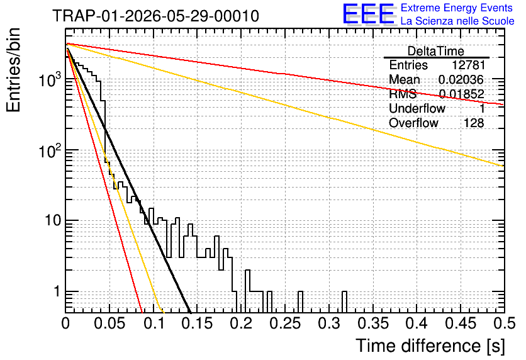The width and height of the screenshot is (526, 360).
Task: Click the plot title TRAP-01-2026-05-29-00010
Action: pos(155,16)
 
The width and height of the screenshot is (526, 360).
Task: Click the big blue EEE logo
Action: pos(368,14)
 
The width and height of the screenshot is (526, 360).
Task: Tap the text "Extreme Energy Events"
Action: pos(457,8)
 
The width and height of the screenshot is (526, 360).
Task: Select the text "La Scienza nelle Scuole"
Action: pos(457,21)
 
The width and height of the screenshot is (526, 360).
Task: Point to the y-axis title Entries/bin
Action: pos(13,70)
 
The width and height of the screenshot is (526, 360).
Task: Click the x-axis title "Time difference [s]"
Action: pos(430,346)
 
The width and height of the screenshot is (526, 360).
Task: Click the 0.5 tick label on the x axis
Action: pos(505,323)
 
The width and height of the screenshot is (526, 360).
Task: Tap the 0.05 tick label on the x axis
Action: pos(109,323)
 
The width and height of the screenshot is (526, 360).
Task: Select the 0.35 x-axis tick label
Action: pos(373,323)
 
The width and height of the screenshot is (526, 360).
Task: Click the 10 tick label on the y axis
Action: pos(52,221)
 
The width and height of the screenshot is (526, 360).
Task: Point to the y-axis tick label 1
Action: pos(57,291)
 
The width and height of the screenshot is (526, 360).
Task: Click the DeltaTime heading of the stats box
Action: pos(436,51)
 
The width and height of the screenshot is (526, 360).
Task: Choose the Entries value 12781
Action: pos(468,65)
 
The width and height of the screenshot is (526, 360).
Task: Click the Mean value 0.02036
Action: pos(461,79)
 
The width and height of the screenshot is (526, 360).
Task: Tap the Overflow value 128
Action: pos(474,123)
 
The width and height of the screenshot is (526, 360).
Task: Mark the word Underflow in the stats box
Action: pos(417,108)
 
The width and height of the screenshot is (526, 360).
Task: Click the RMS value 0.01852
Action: pos(462,94)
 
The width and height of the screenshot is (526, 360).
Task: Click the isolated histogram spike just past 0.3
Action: pos(344,302)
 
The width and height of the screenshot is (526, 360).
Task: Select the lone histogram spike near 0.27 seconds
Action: pos(300,302)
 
